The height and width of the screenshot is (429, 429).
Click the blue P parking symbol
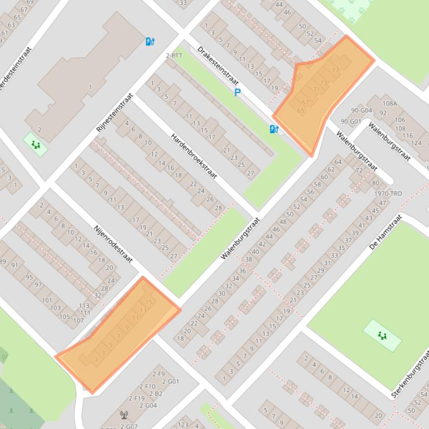click(238, 92)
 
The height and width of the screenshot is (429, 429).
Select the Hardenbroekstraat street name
click(194, 156)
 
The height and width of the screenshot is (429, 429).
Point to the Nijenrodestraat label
click(113, 244)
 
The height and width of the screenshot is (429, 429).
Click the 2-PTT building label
click(174, 56)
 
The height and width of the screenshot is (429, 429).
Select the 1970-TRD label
click(388, 194)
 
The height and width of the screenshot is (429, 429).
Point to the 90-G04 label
click(361, 110)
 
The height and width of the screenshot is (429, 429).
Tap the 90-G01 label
click(350, 121)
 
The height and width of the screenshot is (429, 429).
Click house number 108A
click(389, 104)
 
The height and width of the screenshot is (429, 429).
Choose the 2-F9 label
click(158, 374)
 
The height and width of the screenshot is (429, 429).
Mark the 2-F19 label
click(137, 398)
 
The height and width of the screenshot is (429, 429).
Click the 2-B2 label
click(156, 394)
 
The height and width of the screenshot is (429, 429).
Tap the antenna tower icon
click(124, 415)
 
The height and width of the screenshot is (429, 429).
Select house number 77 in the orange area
click(335, 70)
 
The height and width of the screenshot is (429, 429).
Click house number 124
click(416, 143)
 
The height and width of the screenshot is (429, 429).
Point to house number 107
click(78, 320)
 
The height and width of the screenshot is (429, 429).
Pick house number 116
click(408, 136)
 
